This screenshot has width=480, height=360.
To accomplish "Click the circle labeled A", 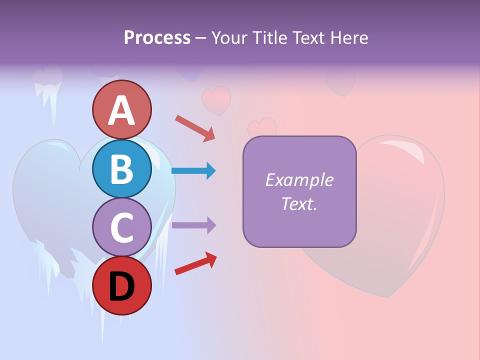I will click(x=121, y=109).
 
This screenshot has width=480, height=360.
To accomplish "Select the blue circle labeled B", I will click(x=121, y=168).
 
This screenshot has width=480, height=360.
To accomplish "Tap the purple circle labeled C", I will click(x=121, y=227).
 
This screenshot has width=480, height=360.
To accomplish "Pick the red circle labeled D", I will click(x=121, y=286).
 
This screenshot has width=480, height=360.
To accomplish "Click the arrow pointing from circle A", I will click(x=195, y=128).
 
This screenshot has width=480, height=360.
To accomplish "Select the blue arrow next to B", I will click(x=193, y=171).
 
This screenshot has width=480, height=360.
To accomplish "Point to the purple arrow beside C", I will click(x=193, y=225).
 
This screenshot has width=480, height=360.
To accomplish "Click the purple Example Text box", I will click(x=299, y=191).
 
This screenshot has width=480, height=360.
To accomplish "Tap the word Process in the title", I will click(x=157, y=37).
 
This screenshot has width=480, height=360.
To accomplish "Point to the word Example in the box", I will click(x=299, y=180).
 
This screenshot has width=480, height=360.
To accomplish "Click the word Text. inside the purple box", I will click(x=299, y=203).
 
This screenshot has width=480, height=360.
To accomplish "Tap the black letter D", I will click(x=121, y=286).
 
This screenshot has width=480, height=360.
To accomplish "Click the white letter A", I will click(x=121, y=110).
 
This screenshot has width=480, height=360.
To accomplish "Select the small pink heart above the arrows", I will click(x=216, y=99).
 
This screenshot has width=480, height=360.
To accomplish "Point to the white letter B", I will click(x=121, y=169).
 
